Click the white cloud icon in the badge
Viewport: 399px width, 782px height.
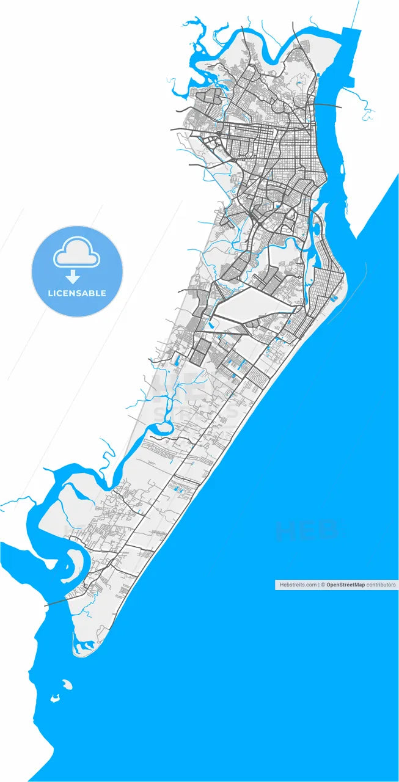[77, 254]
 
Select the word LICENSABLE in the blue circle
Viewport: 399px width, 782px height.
[77, 293]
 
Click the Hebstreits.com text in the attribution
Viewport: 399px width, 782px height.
[298, 585]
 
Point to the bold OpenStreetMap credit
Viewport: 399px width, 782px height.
[345, 585]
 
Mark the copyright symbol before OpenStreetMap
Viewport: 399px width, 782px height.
[323, 585]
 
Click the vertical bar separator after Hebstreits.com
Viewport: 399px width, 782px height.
[319, 585]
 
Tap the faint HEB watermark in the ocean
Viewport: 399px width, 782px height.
[306, 530]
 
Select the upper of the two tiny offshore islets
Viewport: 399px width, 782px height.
[67, 685]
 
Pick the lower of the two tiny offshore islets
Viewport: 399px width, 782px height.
[54, 698]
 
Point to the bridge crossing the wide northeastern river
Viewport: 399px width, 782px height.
[326, 105]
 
